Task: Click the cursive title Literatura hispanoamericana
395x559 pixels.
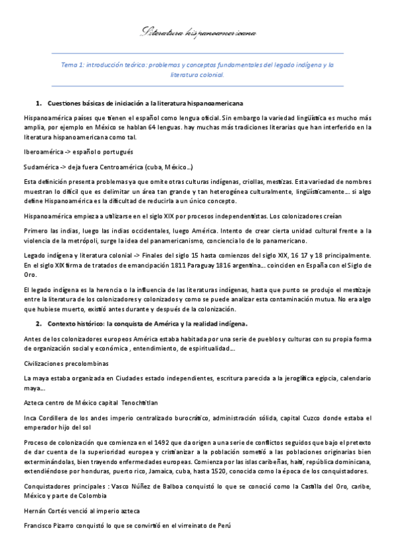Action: pos(199,32)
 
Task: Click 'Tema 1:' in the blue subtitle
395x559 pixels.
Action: pos(71,65)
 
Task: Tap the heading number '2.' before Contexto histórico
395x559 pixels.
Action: pos(39,324)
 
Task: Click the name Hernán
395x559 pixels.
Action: pos(35,511)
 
